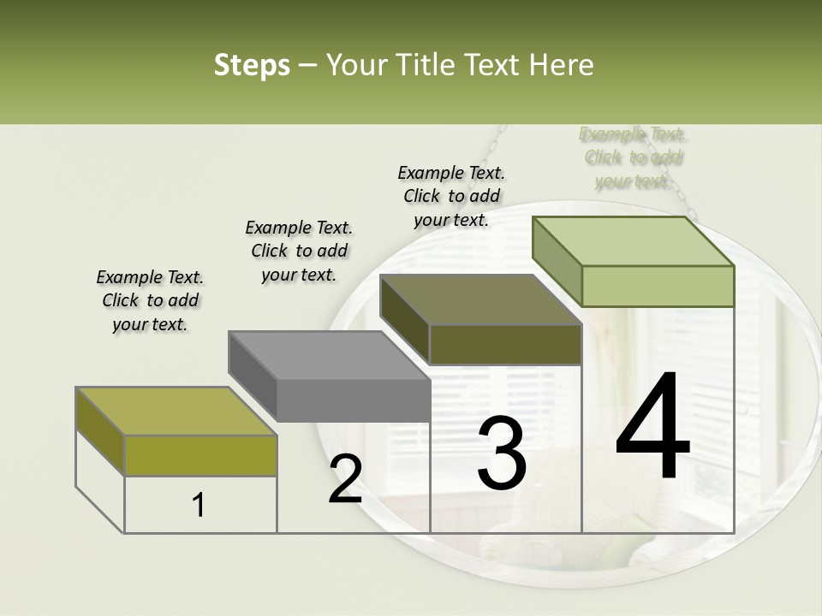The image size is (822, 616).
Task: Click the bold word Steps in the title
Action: [252, 65]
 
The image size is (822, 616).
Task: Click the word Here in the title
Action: [562, 65]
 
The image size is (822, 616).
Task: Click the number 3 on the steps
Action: [501, 453]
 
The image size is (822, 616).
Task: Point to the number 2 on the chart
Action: [345, 479]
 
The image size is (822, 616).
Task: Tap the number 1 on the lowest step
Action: [199, 506]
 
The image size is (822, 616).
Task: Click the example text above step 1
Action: [150, 300]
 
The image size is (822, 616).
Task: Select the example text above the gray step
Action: [299, 251]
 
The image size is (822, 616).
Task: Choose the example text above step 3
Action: [451, 196]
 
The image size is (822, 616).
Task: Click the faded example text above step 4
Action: [634, 157]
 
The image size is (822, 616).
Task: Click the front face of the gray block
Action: [354, 400]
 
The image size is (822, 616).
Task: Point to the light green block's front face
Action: [658, 286]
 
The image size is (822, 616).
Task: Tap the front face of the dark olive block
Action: [505, 345]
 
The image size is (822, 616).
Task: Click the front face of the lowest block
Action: [200, 455]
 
